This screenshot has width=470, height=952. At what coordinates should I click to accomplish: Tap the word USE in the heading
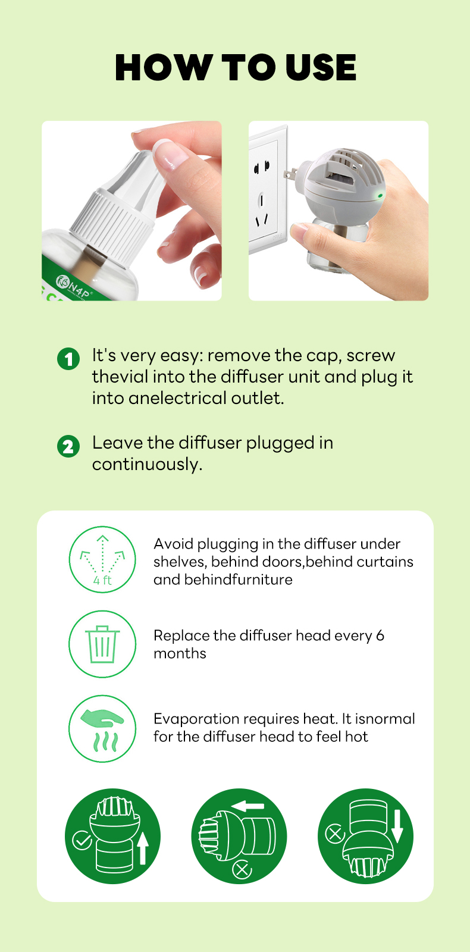click(321, 67)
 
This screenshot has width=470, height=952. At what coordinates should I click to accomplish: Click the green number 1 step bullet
click(68, 359)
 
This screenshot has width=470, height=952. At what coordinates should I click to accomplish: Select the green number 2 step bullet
click(68, 446)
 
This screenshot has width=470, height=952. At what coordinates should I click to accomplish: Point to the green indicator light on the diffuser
click(380, 196)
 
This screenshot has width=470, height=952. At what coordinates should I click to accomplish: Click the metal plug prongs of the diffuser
click(290, 173)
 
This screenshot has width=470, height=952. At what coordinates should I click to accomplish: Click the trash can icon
click(102, 644)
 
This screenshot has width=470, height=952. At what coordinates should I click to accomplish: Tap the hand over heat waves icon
click(102, 728)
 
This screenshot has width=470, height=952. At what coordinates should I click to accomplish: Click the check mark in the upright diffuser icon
click(82, 840)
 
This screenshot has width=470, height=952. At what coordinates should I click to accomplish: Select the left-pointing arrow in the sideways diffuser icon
click(247, 806)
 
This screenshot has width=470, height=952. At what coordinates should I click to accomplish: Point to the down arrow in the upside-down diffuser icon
click(397, 826)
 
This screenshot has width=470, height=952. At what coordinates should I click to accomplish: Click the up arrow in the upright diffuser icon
click(143, 848)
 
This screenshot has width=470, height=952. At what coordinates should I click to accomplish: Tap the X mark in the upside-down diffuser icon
click(336, 833)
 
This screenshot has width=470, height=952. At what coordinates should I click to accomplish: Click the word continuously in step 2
click(147, 464)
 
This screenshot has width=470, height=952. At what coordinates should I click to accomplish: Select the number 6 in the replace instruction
click(380, 635)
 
